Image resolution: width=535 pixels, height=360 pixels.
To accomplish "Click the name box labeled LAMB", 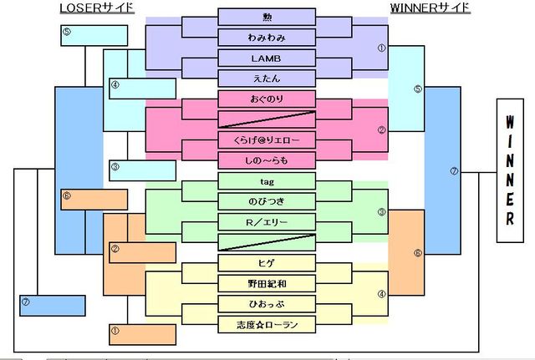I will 267,58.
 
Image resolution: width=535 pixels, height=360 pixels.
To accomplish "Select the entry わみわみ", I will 267,38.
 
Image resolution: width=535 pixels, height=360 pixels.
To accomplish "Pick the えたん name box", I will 267,79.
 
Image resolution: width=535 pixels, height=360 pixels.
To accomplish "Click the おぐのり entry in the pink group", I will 267,99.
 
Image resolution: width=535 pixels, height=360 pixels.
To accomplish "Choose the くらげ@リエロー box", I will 267,139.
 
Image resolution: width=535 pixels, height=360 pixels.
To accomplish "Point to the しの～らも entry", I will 267,160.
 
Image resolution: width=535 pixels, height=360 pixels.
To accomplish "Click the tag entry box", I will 267,180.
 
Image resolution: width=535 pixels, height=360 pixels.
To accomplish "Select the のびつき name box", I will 267,201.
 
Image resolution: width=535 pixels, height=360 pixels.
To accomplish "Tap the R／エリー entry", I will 267,221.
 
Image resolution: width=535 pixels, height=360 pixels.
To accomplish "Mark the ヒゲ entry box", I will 267,262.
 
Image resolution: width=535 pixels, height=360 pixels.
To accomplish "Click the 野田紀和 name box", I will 267,283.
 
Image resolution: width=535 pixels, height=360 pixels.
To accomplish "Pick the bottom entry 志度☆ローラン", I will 267,324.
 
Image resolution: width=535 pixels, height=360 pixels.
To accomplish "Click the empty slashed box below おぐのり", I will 267,119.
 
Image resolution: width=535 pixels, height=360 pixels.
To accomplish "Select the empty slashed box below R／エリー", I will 267,242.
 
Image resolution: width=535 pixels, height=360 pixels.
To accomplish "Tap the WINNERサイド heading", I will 430,8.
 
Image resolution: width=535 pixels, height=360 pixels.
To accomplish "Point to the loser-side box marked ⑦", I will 52,304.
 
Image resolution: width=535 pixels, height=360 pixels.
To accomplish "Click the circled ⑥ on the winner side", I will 418,253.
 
